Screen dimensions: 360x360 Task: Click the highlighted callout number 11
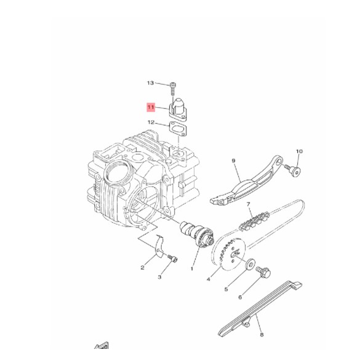151,107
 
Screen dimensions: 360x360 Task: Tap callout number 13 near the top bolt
150,82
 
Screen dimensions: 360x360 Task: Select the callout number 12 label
151,122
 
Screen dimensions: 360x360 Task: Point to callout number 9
234,161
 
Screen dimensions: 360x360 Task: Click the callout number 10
300,151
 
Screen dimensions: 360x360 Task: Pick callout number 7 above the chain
248,204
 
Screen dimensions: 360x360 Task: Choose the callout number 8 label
262,335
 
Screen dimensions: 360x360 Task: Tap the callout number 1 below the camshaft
192,269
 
